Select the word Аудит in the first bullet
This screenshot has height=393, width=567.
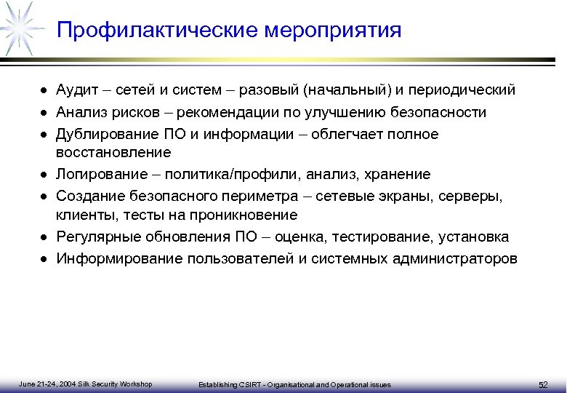click(76, 90)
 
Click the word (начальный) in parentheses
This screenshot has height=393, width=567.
click(348, 90)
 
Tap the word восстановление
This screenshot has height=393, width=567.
click(114, 153)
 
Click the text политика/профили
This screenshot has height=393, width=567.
click(231, 175)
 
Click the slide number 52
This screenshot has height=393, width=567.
click(543, 384)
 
